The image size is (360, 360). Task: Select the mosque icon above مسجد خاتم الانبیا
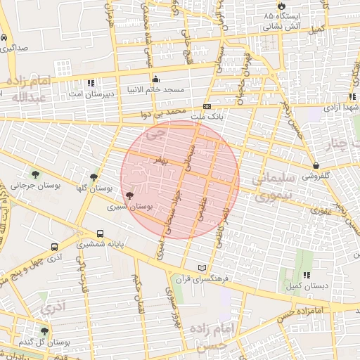[x=155, y=79]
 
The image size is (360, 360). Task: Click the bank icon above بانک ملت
[x=207, y=105]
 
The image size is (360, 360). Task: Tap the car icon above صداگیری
[x=5, y=37]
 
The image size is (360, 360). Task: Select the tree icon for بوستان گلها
[x=94, y=178]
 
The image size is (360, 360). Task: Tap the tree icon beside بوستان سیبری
[x=128, y=195]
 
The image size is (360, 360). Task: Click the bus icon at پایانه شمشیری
[x=100, y=234]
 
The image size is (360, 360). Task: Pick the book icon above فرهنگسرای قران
[x=204, y=268]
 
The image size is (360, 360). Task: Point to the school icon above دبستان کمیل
[x=306, y=275]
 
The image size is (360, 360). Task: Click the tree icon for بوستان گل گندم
[x=44, y=330]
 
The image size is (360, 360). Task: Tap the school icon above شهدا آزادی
[x=330, y=98]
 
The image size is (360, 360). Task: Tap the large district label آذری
[x=52, y=307]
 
